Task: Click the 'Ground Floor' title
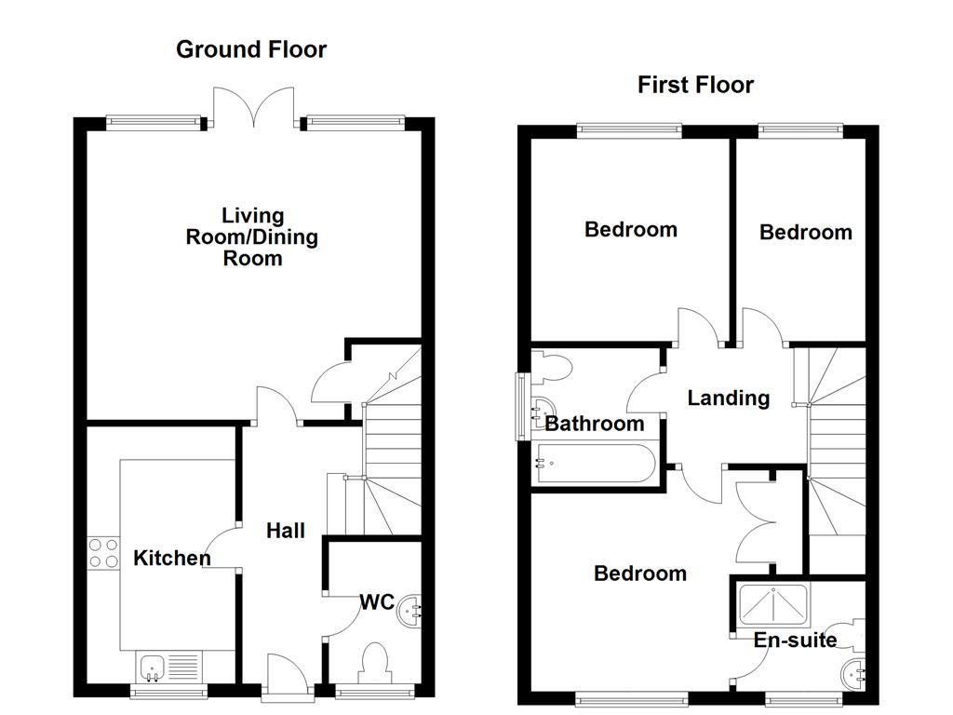click(251, 49)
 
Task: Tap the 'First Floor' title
click(695, 85)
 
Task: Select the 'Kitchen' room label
click(172, 559)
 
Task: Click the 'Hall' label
click(286, 531)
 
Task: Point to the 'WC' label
click(377, 601)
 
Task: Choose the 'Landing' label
click(728, 398)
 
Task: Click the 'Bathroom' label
click(594, 425)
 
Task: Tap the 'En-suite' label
click(795, 640)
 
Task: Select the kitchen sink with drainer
click(168, 667)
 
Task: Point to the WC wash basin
click(409, 611)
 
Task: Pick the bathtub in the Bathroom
click(596, 463)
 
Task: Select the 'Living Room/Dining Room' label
click(252, 236)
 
